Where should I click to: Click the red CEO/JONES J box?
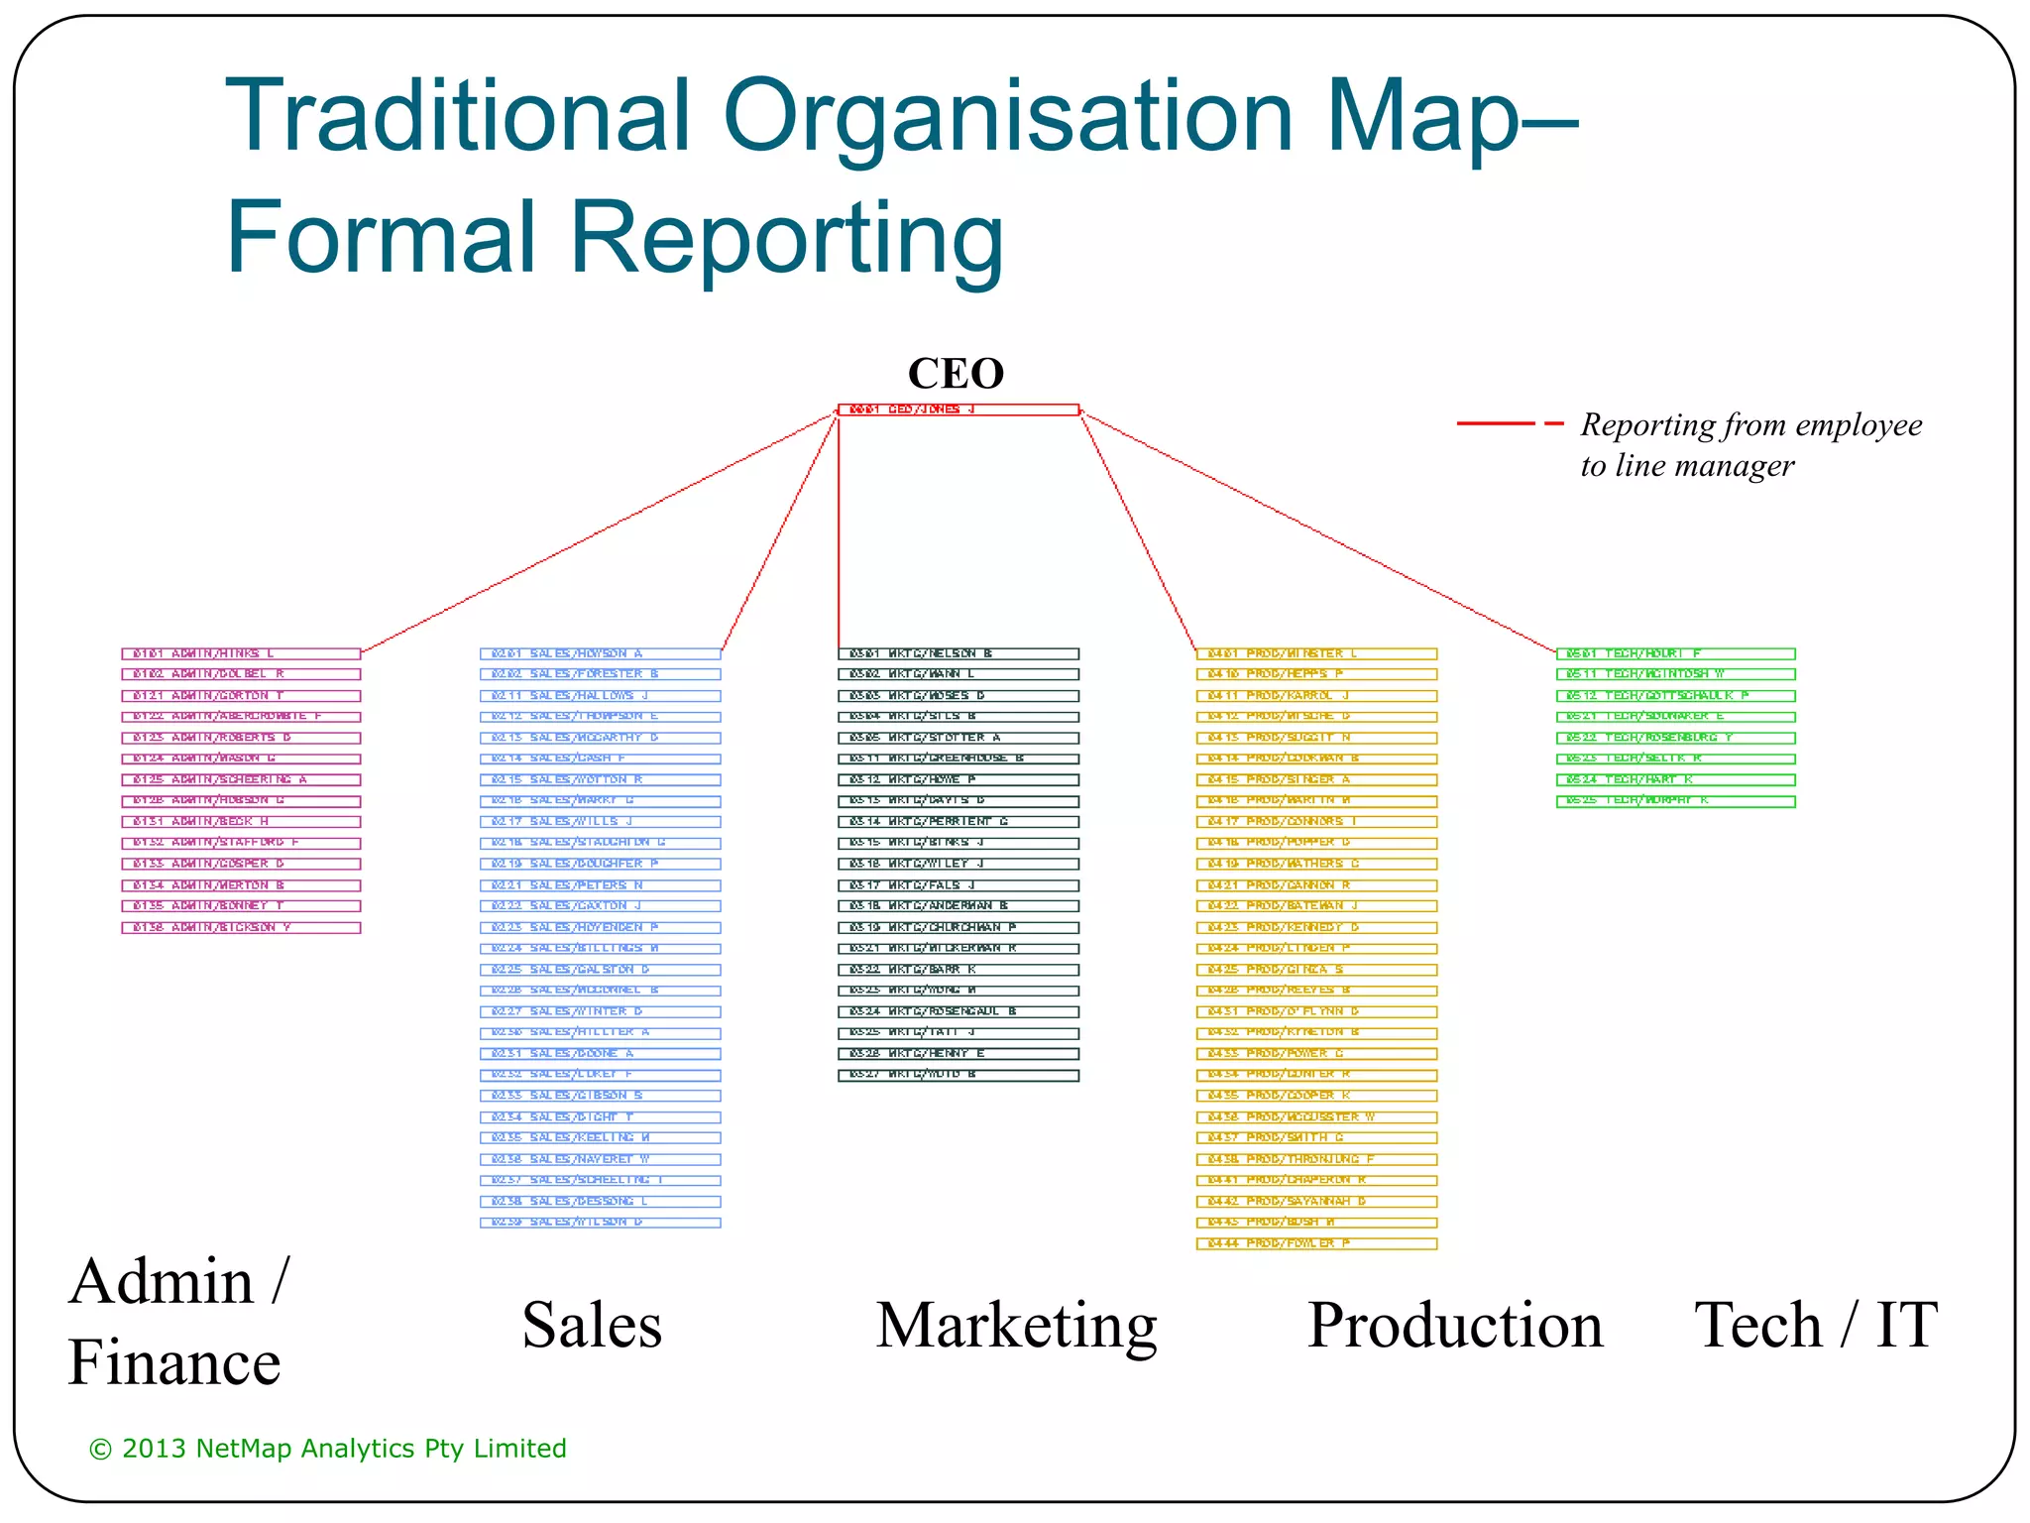click(x=958, y=410)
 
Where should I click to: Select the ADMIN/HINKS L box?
click(x=241, y=653)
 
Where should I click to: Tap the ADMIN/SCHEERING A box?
click(x=241, y=779)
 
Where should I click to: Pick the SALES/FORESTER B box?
click(x=600, y=674)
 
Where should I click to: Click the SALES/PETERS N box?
click(x=600, y=885)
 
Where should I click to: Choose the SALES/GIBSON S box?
click(x=600, y=1096)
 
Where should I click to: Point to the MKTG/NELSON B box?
click(x=958, y=653)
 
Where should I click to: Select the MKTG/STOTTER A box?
click(x=958, y=738)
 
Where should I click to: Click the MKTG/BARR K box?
click(x=958, y=970)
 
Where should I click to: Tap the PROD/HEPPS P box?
click(x=1316, y=674)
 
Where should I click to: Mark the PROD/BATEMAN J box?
click(x=1316, y=906)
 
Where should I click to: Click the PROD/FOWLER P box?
click(x=1316, y=1243)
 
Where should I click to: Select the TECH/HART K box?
click(x=1675, y=779)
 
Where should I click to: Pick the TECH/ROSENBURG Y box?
click(x=1675, y=738)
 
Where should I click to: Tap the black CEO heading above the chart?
click(x=956, y=374)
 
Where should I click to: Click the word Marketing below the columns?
click(x=1016, y=1326)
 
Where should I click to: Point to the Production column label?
click(x=1454, y=1326)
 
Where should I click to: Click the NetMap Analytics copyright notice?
click(x=328, y=1449)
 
